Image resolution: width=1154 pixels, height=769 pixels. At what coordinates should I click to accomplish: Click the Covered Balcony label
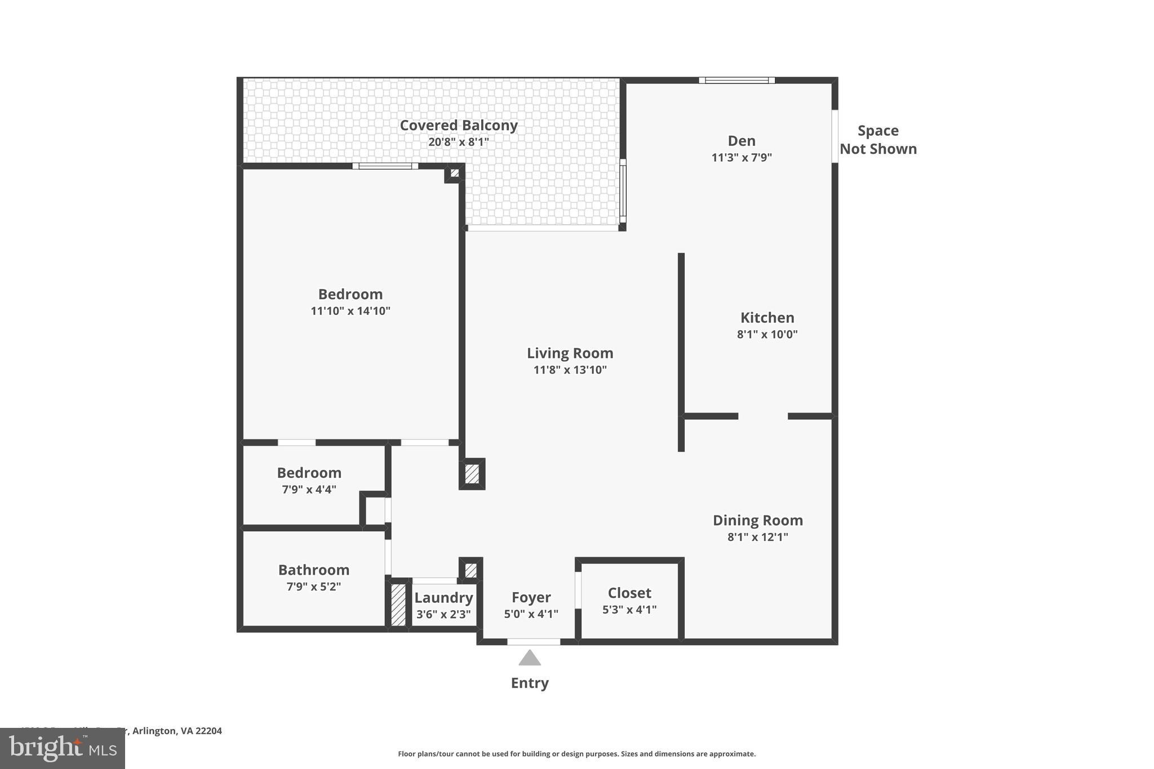[x=458, y=125]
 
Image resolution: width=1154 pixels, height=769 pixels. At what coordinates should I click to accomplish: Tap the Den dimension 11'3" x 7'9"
[x=741, y=157]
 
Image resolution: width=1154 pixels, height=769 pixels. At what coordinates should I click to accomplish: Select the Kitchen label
[x=767, y=317]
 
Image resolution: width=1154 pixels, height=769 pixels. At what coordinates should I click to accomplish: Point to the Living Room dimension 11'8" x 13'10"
[x=570, y=370]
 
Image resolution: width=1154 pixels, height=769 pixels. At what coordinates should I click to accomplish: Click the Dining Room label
[x=757, y=520]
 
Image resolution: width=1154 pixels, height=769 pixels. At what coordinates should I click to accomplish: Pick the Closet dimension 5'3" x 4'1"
[x=629, y=609]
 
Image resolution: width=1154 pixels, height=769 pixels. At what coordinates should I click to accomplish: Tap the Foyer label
[x=531, y=597]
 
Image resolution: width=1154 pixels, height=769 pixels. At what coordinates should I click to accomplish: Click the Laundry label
[x=443, y=598]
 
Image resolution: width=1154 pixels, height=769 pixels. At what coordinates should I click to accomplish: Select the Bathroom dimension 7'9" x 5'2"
[x=313, y=586]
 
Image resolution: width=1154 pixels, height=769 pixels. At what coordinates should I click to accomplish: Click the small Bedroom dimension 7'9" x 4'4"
[x=309, y=489]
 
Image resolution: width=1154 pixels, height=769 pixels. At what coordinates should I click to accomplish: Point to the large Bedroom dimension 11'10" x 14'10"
[x=350, y=310]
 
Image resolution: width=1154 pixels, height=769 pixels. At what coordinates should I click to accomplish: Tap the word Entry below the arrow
[x=529, y=683]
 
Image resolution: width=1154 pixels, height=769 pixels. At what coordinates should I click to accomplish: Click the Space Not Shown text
[x=877, y=140]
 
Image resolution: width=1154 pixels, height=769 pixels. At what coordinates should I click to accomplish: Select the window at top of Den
[x=736, y=80]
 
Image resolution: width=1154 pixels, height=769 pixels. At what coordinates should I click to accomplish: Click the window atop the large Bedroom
[x=385, y=166]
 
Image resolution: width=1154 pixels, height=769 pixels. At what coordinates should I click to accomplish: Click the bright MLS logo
[x=62, y=748]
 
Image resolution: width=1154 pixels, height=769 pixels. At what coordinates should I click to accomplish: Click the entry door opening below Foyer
[x=533, y=641]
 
